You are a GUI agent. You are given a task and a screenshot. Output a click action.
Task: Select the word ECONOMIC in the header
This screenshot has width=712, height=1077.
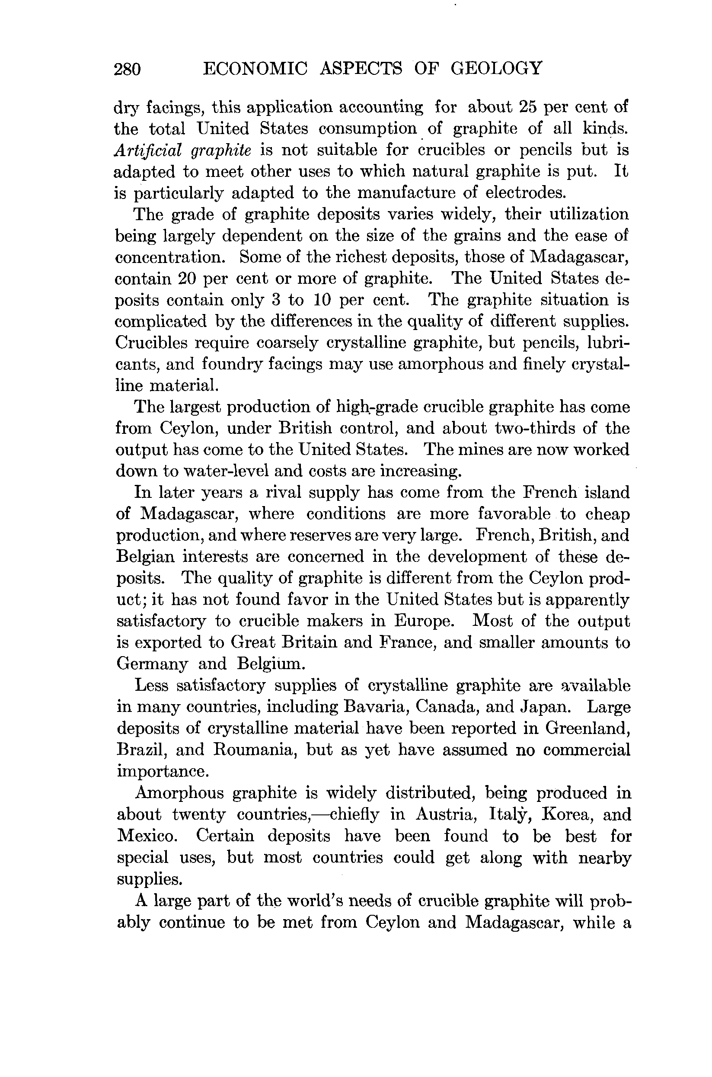[x=255, y=69]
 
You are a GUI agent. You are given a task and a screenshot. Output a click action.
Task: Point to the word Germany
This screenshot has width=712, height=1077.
[x=152, y=664]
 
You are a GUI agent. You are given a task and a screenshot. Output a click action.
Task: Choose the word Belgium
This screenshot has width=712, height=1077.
[x=271, y=664]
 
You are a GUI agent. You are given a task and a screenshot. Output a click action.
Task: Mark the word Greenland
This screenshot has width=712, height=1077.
[x=587, y=728]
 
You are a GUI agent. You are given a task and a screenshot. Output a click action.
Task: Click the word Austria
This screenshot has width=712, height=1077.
[x=446, y=814]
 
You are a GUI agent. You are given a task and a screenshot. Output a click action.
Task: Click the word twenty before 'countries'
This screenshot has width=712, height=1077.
[x=198, y=814]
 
